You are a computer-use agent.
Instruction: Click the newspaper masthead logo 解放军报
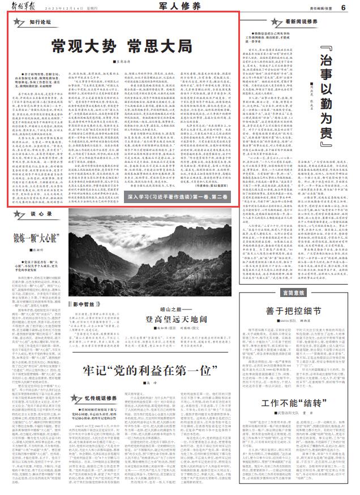pos(27,7)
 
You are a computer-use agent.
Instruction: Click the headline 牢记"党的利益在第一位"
pos(140,389)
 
